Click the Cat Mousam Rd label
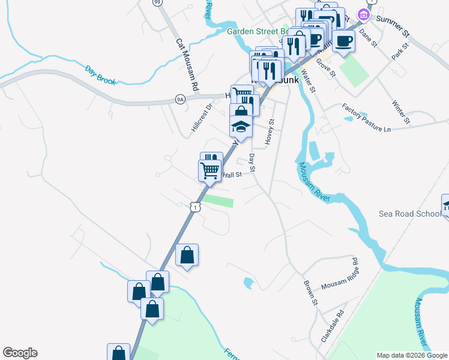click(187, 65)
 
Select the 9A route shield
click(179, 98)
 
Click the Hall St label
click(232, 175)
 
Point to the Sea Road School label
click(409, 214)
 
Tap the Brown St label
click(310, 292)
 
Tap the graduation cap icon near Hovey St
click(240, 127)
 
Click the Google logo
click(20, 353)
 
